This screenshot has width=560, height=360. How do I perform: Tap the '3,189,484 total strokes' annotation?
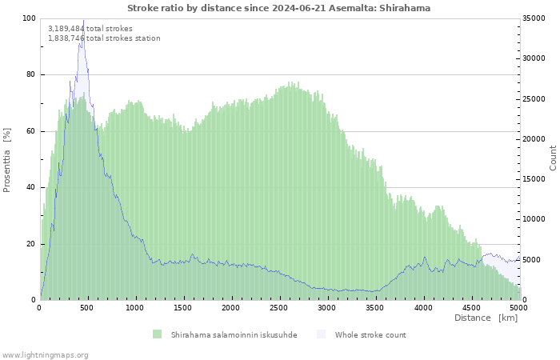pos(90,28)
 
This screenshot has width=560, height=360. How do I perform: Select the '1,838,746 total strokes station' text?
pos(104,38)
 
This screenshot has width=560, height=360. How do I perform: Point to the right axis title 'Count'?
pos(553,158)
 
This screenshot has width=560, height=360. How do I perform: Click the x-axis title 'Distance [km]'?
pos(486,318)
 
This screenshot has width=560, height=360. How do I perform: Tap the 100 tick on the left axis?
pos(29,18)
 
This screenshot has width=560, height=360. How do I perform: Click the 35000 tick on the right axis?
pos(534,18)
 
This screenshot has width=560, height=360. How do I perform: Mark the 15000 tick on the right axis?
pos(534,179)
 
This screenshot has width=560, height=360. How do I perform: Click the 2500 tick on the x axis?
pos(279,307)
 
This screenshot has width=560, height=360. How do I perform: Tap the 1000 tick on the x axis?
pos(135,307)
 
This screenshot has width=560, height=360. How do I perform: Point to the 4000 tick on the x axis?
pos(422,307)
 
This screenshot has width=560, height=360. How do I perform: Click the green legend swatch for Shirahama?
pos(157,334)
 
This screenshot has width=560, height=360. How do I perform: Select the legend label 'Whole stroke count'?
pos(370,334)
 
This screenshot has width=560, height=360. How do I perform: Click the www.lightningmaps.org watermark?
pos(46,354)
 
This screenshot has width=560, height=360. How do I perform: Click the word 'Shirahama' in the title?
pos(406,8)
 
